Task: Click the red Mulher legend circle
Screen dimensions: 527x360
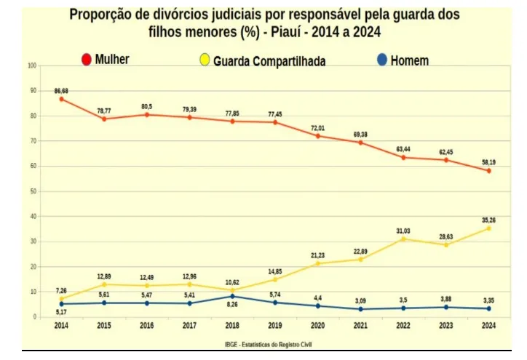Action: (87, 60)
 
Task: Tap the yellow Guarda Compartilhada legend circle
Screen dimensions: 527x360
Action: (205, 60)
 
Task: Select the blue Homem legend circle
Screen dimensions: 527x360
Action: (382, 60)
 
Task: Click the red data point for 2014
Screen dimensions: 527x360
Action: (61, 99)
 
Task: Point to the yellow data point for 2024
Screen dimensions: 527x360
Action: (488, 228)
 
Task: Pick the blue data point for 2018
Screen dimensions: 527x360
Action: (232, 296)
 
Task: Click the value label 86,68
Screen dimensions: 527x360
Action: (61, 91)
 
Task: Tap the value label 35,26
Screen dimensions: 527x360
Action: (488, 220)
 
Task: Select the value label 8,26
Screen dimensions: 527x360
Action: (232, 305)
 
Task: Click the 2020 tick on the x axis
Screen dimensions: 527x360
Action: (317, 325)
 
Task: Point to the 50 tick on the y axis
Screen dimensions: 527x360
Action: (33, 191)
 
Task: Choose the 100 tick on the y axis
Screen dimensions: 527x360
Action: (32, 65)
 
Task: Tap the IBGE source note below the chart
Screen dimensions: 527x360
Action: (268, 345)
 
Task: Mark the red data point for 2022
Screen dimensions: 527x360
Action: (403, 158)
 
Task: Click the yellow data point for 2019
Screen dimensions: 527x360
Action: (275, 279)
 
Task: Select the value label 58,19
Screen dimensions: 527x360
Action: (488, 162)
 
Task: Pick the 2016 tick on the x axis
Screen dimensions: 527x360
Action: (147, 325)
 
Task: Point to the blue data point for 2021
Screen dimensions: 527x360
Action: (360, 309)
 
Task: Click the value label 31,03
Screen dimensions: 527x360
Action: (403, 231)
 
